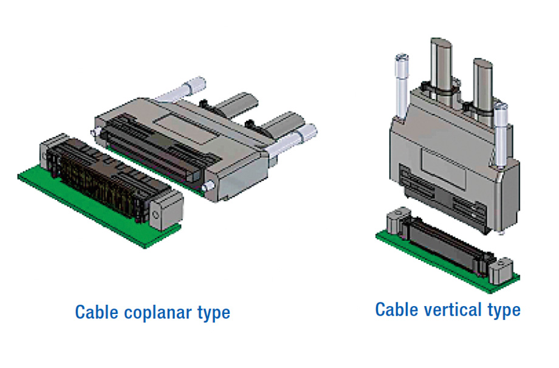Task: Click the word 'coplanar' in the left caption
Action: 153,313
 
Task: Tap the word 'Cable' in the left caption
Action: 97,313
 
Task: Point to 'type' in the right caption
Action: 504,310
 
